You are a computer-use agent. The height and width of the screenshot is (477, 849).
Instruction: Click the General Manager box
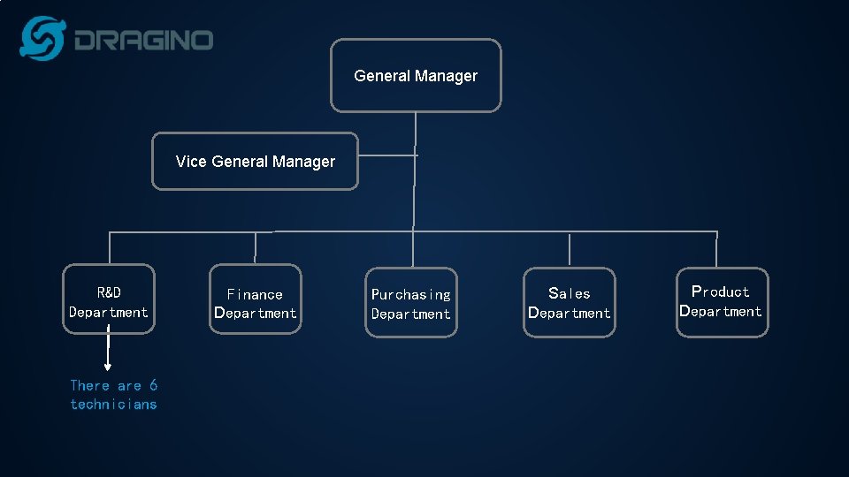(416, 76)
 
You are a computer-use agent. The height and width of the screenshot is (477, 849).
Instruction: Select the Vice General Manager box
(255, 162)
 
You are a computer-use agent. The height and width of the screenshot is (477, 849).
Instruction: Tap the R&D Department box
(109, 299)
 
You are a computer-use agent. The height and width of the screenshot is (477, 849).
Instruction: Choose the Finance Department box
(255, 300)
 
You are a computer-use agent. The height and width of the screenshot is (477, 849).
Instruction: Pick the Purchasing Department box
(411, 303)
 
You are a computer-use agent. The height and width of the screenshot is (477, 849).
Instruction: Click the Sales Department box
(569, 302)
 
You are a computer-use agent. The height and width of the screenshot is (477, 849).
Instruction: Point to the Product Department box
(722, 302)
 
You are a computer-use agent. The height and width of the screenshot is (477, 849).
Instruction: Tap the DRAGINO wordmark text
(143, 41)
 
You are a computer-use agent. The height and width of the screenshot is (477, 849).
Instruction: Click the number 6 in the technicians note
(153, 385)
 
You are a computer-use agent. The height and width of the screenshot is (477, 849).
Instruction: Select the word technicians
(113, 405)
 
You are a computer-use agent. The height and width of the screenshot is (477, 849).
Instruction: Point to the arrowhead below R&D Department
(108, 365)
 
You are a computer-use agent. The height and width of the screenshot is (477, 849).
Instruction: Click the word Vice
(190, 162)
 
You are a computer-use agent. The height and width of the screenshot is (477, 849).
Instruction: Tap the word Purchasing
(411, 294)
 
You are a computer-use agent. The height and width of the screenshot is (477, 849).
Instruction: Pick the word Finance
(255, 294)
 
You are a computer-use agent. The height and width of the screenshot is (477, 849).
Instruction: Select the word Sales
(569, 293)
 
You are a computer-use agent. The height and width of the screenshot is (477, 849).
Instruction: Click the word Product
(720, 291)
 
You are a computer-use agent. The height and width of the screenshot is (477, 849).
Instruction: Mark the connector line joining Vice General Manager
(386, 156)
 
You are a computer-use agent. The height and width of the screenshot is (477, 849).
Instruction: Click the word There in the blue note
(90, 385)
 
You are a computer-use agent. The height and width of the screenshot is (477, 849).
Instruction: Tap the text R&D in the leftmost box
(109, 291)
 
